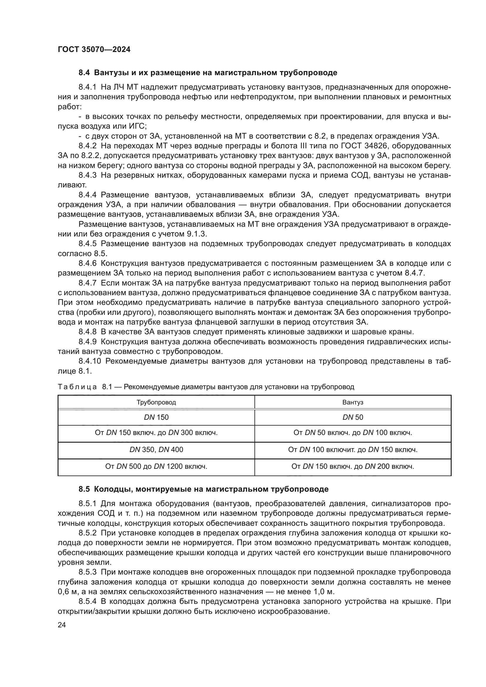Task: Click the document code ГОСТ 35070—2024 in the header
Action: click(x=94, y=49)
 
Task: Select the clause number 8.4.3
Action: click(x=87, y=175)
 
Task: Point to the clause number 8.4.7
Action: click(x=87, y=283)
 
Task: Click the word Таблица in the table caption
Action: click(x=77, y=387)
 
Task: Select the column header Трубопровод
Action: click(x=156, y=402)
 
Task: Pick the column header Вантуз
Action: click(x=353, y=402)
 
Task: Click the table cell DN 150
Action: click(x=156, y=417)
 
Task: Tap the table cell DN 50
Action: click(x=353, y=417)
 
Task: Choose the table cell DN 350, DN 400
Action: click(x=156, y=450)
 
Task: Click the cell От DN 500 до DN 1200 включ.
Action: click(x=156, y=466)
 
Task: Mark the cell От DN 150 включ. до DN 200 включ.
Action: click(x=353, y=466)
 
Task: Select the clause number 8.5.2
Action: click(x=87, y=533)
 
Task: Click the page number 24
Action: click(x=62, y=625)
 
